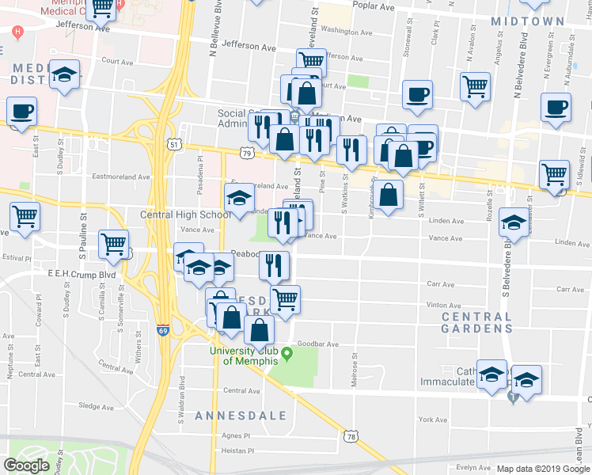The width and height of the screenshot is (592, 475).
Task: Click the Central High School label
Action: click(x=185, y=215)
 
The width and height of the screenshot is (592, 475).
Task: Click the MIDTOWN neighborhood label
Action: click(x=527, y=21)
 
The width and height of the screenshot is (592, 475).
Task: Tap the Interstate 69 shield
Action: click(x=162, y=331)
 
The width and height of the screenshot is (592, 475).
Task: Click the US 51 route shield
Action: click(x=174, y=144)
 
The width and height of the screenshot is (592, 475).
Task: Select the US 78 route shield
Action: click(x=351, y=436)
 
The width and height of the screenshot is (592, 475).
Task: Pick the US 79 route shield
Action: click(x=248, y=153)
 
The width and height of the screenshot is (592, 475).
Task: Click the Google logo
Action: click(x=27, y=465)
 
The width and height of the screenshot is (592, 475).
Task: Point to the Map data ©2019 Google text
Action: click(x=543, y=469)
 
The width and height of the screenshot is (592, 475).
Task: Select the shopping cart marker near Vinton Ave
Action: click(x=285, y=298)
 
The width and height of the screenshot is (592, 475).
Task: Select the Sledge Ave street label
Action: click(x=97, y=406)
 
